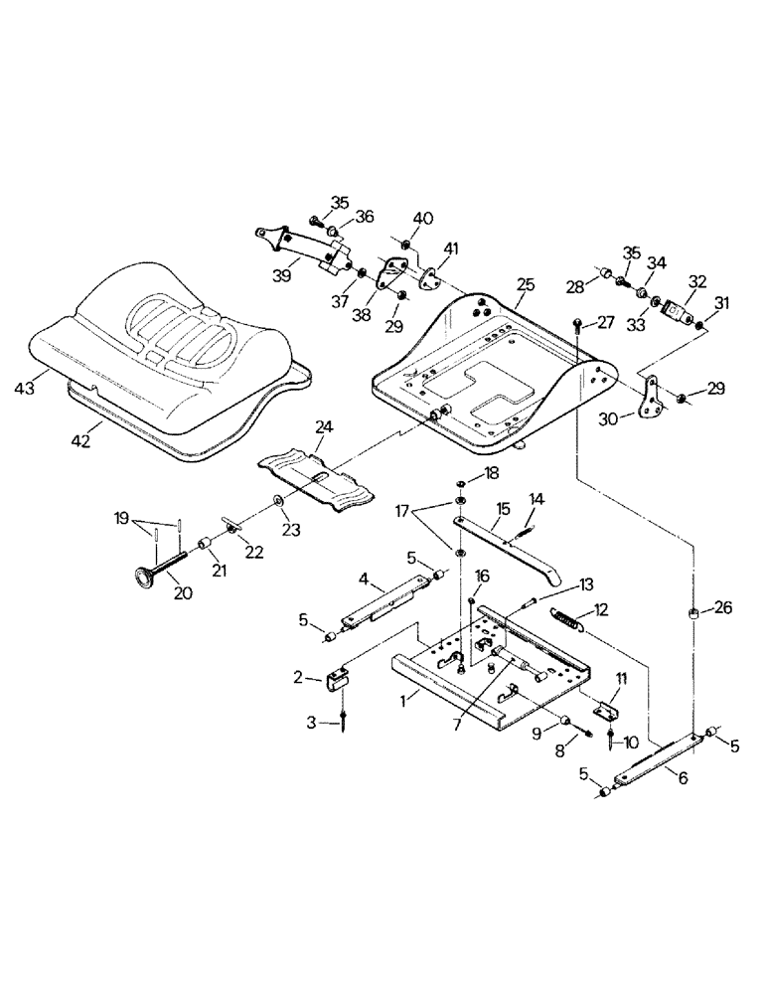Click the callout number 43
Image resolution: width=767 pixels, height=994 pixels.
24,388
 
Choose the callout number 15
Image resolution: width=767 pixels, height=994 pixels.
504,508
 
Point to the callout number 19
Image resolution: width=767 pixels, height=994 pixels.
121,518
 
